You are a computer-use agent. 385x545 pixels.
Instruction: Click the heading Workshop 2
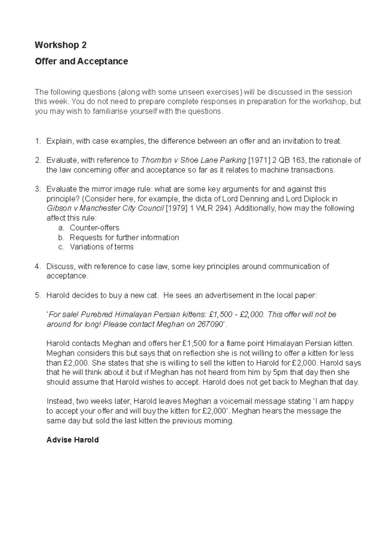pyautogui.click(x=61, y=45)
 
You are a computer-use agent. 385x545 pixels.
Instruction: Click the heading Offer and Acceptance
pyautogui.click(x=81, y=61)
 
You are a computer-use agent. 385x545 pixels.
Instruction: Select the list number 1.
pyautogui.click(x=38, y=141)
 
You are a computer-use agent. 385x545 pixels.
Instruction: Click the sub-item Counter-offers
pyautogui.click(x=94, y=228)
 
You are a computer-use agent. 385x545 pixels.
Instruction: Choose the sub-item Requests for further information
pyautogui.click(x=124, y=238)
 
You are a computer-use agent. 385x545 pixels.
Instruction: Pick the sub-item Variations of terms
pyautogui.click(x=101, y=247)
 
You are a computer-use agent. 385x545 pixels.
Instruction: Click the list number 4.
pyautogui.click(x=38, y=266)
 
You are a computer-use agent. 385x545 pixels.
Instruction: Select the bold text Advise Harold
pyautogui.click(x=73, y=440)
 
